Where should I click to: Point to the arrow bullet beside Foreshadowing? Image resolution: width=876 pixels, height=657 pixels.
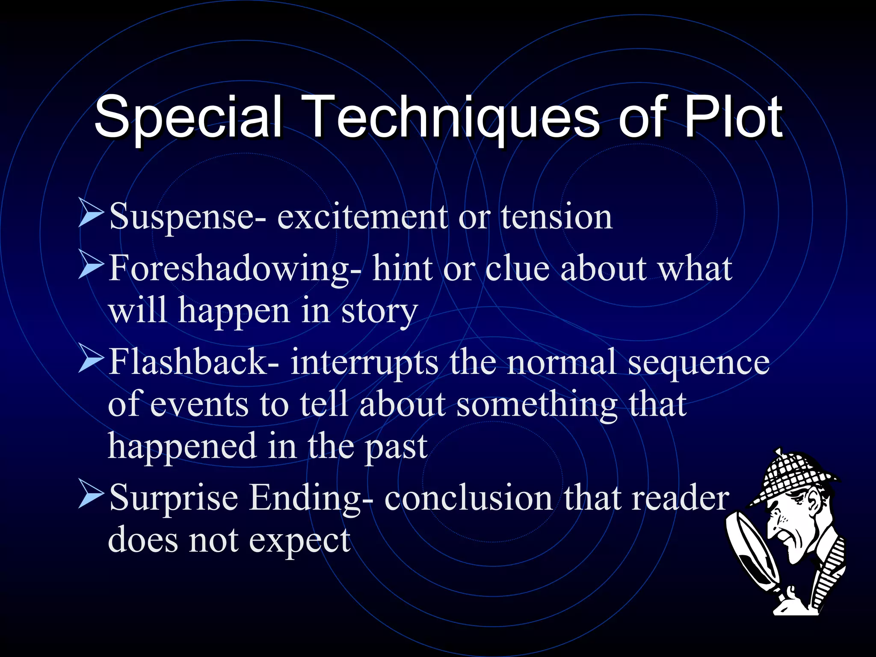click(x=91, y=265)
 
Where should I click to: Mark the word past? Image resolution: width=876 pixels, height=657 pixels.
click(x=396, y=447)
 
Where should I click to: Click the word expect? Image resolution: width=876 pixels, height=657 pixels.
click(x=299, y=541)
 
